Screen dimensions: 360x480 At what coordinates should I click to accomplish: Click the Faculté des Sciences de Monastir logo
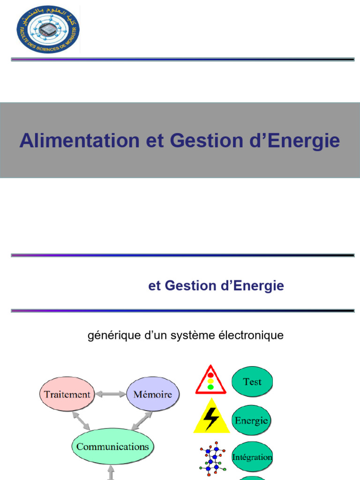pyautogui.click(x=48, y=29)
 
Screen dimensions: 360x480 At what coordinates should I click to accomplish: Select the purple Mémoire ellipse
pyautogui.click(x=152, y=394)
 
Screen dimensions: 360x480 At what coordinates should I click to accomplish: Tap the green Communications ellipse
pyautogui.click(x=112, y=446)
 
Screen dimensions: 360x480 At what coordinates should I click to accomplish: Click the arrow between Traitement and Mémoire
pyautogui.click(x=111, y=395)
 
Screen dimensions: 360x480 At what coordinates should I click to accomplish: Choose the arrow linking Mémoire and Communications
pyautogui.click(x=142, y=420)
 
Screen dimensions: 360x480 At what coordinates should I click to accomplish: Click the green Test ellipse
pyautogui.click(x=252, y=382)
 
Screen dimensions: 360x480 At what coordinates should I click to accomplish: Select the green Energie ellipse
pyautogui.click(x=252, y=420)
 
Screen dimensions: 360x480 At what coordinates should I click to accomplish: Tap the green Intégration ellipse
pyautogui.click(x=252, y=457)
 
